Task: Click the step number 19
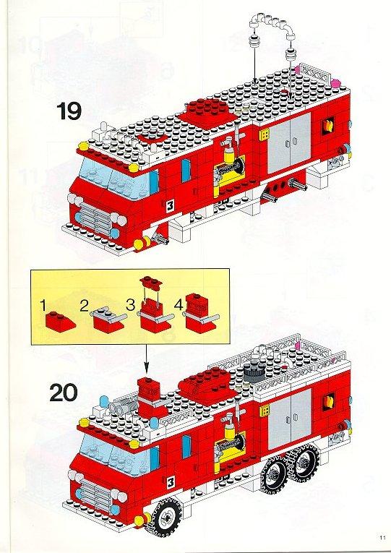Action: tap(69, 111)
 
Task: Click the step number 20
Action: tap(63, 393)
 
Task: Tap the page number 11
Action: tap(383, 537)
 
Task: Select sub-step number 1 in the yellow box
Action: tap(43, 306)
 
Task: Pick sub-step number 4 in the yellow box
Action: tap(179, 304)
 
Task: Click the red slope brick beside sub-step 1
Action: tap(60, 322)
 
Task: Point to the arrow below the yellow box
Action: tap(146, 361)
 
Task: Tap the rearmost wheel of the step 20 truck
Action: tap(305, 463)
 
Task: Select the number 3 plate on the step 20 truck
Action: tap(171, 482)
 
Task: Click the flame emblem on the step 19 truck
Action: tap(328, 126)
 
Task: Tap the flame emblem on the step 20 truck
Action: tap(329, 403)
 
